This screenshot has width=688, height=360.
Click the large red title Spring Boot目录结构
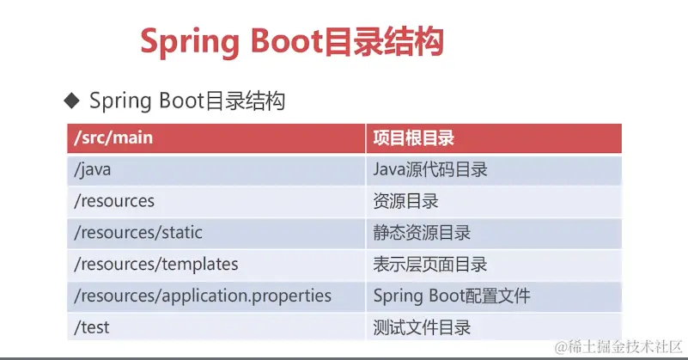pos(292,42)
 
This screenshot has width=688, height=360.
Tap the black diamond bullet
pos(71,101)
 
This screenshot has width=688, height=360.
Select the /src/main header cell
pos(216,138)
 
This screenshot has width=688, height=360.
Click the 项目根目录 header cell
pos(494,138)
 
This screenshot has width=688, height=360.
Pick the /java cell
pos(216,170)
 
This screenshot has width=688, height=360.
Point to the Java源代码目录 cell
pos(494,170)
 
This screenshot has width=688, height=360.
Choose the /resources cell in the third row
pos(216,202)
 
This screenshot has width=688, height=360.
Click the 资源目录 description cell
pos(494,202)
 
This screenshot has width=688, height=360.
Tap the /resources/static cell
pos(216,233)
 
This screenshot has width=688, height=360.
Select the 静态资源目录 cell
pos(494,233)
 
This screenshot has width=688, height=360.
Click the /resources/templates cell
pos(216,265)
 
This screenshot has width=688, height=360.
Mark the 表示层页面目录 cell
pos(494,265)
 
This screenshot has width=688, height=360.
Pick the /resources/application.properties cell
pos(216,296)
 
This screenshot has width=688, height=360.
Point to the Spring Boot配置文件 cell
pos(494,296)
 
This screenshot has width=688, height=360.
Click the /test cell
pos(216,327)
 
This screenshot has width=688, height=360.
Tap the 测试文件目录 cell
pos(494,327)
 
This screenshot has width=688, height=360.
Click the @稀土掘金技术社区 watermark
pos(618,347)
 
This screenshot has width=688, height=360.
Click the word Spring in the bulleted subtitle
pos(120,101)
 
